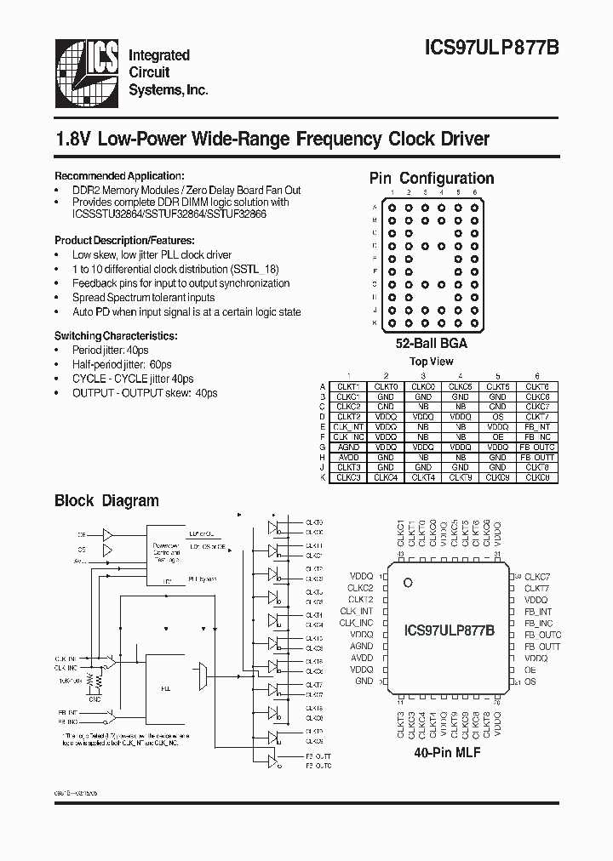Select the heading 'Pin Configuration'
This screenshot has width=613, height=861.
(x=431, y=178)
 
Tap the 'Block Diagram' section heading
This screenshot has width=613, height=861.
(x=106, y=500)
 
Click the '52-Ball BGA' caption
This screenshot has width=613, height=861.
(x=431, y=345)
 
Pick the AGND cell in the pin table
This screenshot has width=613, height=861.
(x=348, y=447)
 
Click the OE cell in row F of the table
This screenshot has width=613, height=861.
(x=498, y=436)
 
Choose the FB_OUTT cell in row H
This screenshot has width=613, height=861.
(x=537, y=457)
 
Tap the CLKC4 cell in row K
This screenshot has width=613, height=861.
(x=386, y=477)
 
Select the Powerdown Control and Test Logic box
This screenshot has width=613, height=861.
(x=167, y=554)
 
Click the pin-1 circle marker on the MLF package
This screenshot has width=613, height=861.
(x=408, y=583)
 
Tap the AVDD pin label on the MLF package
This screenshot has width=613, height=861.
(x=362, y=658)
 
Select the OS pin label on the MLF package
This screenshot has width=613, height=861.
(x=530, y=682)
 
